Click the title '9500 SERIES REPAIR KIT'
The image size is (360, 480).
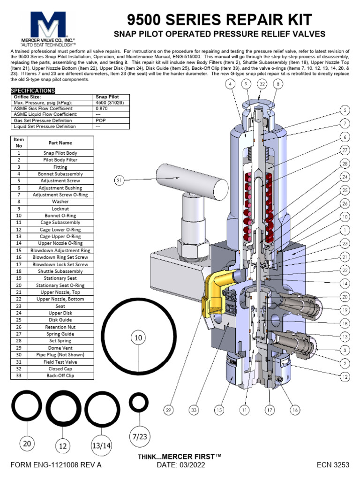tap(220, 19)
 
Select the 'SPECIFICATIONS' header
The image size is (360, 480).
tap(32, 90)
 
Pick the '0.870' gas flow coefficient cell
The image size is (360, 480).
tap(102, 108)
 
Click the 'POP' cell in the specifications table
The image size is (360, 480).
tap(101, 120)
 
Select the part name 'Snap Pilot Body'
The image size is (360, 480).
tap(60, 153)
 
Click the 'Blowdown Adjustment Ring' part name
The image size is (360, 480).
tap(60, 251)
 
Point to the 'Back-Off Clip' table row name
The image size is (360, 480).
tap(60, 375)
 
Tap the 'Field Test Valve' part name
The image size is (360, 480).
tap(60, 361)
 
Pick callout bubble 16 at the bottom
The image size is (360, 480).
tap(294, 410)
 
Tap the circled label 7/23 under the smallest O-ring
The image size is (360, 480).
tap(139, 437)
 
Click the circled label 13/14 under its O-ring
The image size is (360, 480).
tap(100, 446)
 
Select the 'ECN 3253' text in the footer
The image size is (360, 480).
tap(333, 465)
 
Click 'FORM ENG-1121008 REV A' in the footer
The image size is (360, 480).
tap(56, 465)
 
